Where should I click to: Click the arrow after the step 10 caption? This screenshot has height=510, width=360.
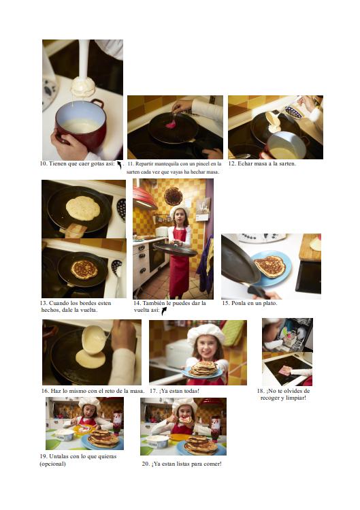119,165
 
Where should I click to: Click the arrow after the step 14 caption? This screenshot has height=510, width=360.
164,311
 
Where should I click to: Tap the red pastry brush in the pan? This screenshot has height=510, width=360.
171,123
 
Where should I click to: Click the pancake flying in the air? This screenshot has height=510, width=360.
173,196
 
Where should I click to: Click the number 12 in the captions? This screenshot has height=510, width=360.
231,163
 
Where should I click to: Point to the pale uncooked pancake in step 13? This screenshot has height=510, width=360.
83,208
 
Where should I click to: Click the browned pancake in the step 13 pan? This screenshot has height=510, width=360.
84,269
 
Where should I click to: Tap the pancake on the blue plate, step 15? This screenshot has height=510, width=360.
270,266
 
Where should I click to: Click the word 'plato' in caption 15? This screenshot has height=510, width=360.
269,303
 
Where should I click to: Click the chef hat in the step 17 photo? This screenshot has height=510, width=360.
206,333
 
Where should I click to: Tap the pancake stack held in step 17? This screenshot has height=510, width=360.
204,368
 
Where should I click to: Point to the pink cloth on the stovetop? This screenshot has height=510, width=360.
285,370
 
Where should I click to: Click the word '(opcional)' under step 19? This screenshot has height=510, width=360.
52,464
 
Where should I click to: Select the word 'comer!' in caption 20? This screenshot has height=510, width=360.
212,464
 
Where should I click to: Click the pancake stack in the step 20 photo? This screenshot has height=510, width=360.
201,445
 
